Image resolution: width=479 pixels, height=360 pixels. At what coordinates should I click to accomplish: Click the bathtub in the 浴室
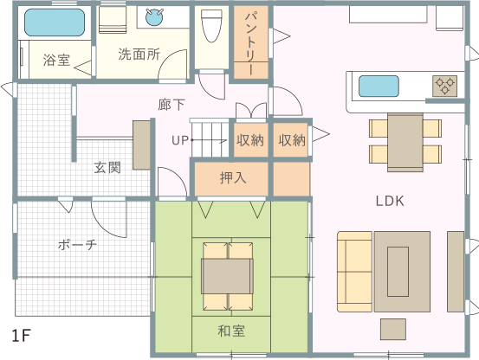click(x=55, y=22)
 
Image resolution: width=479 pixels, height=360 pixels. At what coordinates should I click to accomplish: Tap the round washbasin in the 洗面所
click(x=154, y=17)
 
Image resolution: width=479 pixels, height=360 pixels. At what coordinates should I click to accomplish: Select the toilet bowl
click(x=211, y=26)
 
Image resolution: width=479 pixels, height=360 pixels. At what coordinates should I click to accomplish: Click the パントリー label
click(x=251, y=42)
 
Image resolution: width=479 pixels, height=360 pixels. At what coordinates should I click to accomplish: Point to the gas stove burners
click(x=445, y=86)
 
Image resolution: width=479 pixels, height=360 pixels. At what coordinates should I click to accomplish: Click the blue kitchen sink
click(x=379, y=86)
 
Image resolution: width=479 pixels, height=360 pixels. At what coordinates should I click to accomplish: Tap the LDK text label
click(x=390, y=201)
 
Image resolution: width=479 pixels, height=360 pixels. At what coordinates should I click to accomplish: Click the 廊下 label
click(x=172, y=105)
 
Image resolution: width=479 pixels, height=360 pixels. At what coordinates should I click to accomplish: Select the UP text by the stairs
click(x=180, y=140)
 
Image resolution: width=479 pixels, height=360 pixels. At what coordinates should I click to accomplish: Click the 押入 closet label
click(x=233, y=177)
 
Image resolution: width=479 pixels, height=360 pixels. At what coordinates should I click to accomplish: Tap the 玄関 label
click(x=107, y=168)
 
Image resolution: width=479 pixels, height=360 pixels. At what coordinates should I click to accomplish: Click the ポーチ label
click(x=77, y=245)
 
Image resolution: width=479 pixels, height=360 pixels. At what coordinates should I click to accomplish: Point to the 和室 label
click(x=231, y=331)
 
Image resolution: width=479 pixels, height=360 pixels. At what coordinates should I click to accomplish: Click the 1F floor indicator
click(x=21, y=336)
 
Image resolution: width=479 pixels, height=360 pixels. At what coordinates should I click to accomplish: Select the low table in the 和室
click(x=227, y=276)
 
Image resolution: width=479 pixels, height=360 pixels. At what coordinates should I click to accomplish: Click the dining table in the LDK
click(x=405, y=142)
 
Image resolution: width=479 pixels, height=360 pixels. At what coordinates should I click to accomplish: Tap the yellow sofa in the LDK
click(x=354, y=272)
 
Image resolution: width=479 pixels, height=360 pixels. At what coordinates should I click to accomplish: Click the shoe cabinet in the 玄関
click(x=141, y=145)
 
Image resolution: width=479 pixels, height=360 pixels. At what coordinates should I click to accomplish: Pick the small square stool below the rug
click(x=393, y=329)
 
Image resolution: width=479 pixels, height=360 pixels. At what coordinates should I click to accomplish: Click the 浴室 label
click(x=57, y=60)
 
